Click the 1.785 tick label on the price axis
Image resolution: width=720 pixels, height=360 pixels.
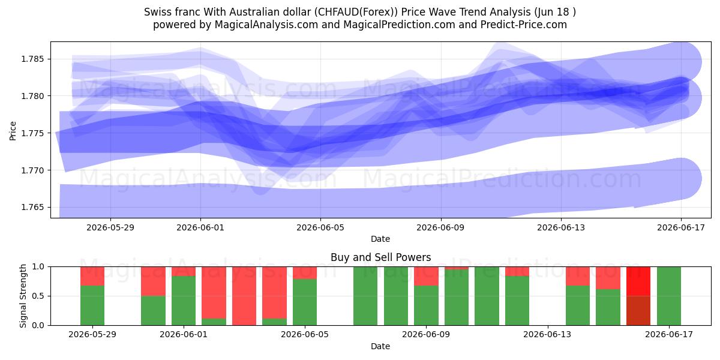click(32, 59)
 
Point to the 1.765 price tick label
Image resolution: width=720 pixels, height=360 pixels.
click(32, 208)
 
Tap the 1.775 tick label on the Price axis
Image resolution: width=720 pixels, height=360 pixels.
click(32, 133)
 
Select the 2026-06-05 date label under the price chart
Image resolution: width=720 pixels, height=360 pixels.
click(320, 227)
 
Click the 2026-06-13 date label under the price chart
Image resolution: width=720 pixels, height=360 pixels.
click(561, 227)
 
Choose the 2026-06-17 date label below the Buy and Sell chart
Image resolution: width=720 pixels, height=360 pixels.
click(669, 334)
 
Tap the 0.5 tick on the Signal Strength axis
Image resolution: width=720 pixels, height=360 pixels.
click(38, 296)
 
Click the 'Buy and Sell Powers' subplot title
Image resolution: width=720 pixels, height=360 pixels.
click(380, 257)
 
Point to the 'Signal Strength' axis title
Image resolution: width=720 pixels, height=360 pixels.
click(23, 296)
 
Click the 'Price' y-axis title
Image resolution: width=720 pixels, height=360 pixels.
click(13, 131)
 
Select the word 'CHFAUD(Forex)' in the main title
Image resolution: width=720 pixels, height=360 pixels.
click(356, 12)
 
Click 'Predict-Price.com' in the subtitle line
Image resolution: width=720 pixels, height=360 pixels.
click(524, 25)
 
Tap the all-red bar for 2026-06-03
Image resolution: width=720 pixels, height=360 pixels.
click(244, 296)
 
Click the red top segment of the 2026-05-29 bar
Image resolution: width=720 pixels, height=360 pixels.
click(92, 276)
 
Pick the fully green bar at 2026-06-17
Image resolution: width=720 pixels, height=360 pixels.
click(669, 296)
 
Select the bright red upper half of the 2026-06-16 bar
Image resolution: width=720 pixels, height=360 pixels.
click(638, 281)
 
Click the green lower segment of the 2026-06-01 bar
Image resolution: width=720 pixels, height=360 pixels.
click(184, 301)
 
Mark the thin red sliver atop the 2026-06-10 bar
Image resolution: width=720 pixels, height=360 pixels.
click(457, 268)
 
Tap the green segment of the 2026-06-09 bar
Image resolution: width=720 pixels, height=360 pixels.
click(426, 305)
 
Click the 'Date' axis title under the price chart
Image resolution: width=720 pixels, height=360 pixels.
click(380, 239)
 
